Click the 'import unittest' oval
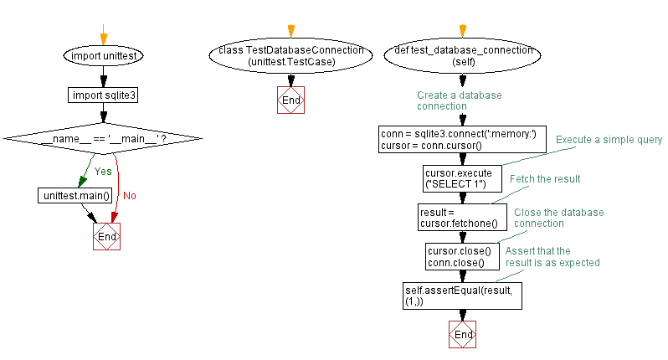pos(104,56)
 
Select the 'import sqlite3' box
pos(104,95)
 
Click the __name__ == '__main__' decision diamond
pos(103,137)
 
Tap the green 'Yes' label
pos(103,171)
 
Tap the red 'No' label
pos(130,196)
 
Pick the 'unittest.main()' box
pos(75,195)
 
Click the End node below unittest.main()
pos(107,237)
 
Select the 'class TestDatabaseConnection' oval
pos(290,56)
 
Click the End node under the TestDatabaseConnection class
pos(290,100)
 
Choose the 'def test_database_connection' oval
pos(463,56)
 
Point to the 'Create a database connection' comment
pos(460,100)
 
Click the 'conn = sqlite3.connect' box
pos(462,139)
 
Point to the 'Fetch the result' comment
pos(545,179)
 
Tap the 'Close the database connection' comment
pos(558,218)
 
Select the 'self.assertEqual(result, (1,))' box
pos(463,295)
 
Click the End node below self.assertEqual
pos(463,334)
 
